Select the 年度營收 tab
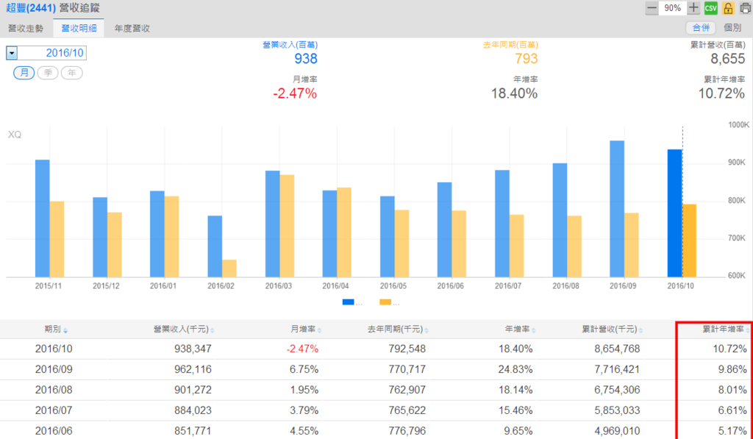132,28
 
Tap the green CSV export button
710,8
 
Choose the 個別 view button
732,28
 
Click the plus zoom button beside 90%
694,8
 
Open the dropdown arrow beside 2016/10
12,53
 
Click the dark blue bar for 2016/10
674,213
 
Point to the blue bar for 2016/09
617,208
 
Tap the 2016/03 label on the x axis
279,285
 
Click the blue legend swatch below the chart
348,301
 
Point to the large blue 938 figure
306,60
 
